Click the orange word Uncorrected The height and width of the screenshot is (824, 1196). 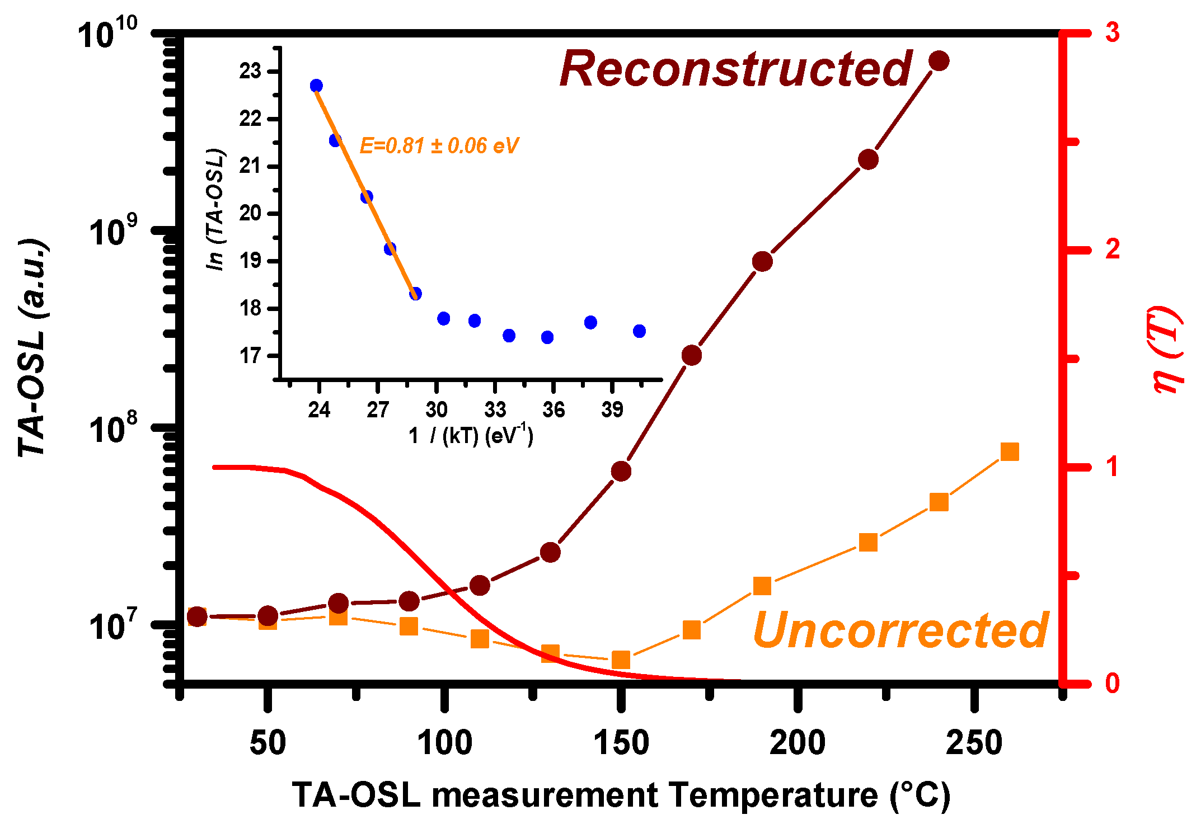click(x=900, y=630)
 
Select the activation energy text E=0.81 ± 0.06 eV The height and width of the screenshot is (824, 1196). click(x=439, y=146)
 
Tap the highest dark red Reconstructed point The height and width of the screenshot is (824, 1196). click(x=939, y=61)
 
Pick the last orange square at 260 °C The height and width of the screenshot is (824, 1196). click(x=1009, y=451)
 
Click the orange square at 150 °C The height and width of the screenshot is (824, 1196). click(x=621, y=660)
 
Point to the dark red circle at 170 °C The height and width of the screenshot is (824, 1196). click(x=692, y=355)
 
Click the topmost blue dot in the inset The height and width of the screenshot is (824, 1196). click(x=316, y=86)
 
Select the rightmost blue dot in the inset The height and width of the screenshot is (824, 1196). click(x=639, y=331)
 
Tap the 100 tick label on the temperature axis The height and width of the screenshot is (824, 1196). click(x=444, y=743)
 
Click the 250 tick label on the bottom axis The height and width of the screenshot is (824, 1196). click(x=974, y=743)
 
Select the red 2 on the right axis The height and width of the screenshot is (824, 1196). click(x=1112, y=249)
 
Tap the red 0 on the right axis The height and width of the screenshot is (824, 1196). click(x=1112, y=684)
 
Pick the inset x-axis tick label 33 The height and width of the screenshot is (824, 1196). click(x=495, y=410)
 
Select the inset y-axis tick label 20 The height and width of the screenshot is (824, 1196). click(x=250, y=214)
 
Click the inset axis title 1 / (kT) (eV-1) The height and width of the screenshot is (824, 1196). click(x=470, y=436)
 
